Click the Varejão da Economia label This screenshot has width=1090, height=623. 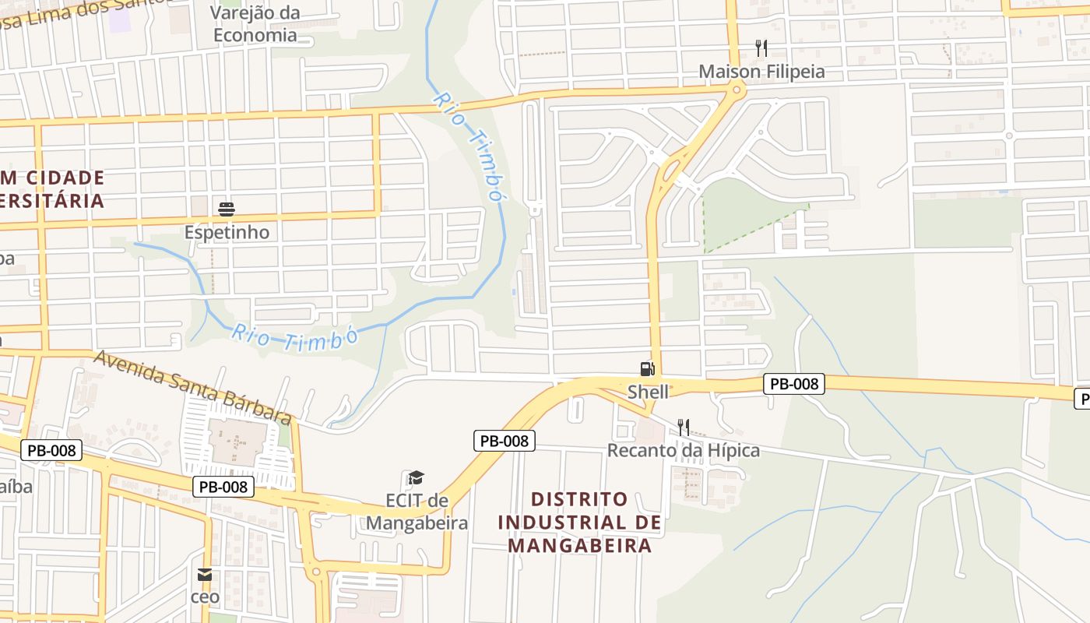coord(255,23)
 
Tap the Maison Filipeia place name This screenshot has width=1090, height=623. coord(761,72)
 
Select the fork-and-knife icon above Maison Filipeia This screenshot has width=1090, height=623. coord(761,48)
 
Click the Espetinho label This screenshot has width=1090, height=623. coord(227,232)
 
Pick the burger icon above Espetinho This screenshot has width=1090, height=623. coord(227,209)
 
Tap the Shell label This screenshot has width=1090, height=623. coord(648,392)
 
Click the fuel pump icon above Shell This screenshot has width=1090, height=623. coord(647,368)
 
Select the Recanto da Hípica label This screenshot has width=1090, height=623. coord(684,450)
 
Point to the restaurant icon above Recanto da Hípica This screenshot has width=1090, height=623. coord(683,427)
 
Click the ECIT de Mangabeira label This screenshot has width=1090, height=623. coord(417,511)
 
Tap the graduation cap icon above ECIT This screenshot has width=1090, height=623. coord(417,477)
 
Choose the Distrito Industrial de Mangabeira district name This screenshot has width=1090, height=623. coord(579,522)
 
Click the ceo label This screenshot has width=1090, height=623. coord(205,597)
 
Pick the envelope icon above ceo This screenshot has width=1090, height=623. coord(204,575)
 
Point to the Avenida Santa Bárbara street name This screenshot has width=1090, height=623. coord(194,388)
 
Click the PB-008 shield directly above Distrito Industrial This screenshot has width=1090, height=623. coord(504,441)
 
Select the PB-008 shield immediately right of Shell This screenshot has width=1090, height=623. coord(793,383)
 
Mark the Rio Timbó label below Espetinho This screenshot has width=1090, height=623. coord(294,339)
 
